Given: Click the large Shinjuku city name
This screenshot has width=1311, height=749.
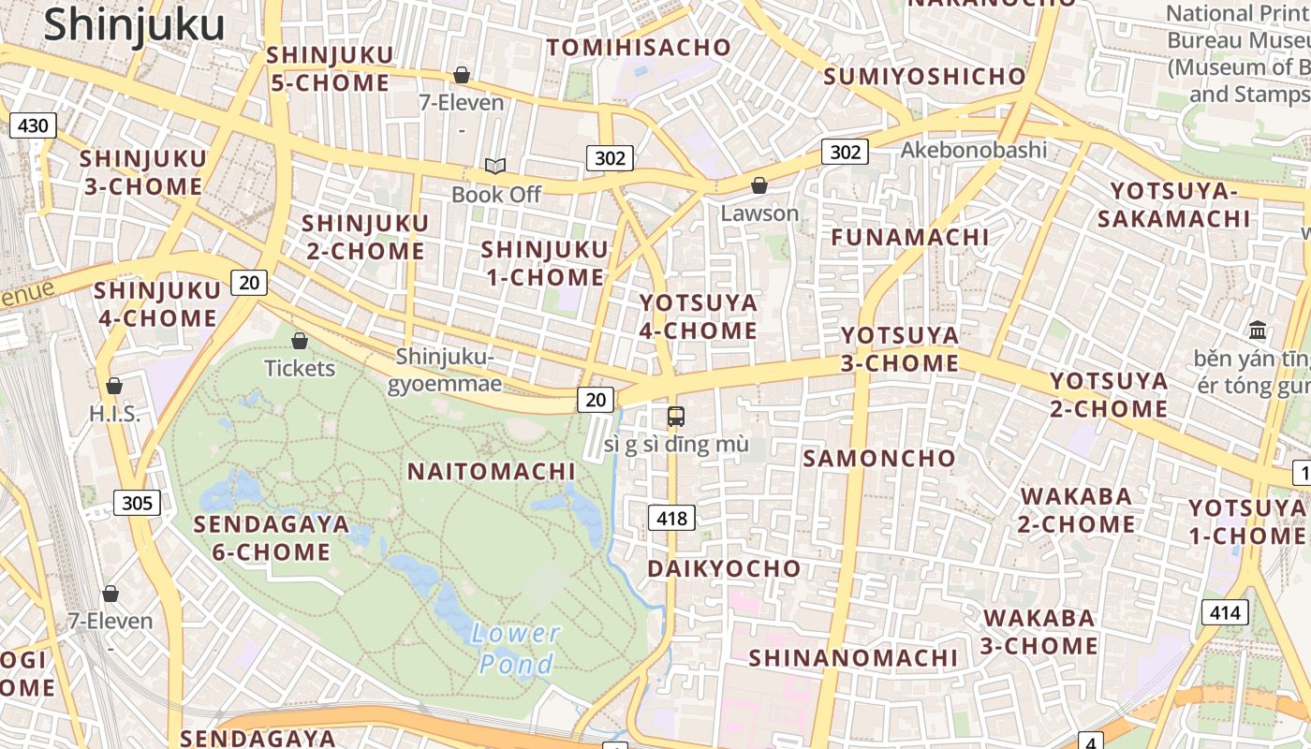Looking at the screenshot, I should coord(134,24).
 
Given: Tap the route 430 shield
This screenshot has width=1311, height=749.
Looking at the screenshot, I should coord(33,125).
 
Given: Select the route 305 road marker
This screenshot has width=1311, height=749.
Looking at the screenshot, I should coord(137,503).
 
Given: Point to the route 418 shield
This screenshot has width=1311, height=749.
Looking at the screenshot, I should coord(671,518).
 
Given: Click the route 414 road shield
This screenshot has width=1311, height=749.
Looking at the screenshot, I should coord(1224,613).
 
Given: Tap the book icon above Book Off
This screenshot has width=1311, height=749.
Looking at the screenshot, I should coord(495,167).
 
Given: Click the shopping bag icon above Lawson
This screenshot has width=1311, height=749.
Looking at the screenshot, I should coord(759,185).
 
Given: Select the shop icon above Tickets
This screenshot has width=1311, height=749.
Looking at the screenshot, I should coord(300,341).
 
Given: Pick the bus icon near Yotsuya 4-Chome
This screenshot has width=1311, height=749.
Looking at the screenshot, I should coord(675,417).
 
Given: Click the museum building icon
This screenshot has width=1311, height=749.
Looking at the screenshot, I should coord(1258,330).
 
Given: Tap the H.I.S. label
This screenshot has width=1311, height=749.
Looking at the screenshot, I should coord(114,413).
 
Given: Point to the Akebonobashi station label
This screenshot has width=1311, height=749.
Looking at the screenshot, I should coord(974,150).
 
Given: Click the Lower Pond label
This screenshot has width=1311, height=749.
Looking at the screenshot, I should coord(516,649).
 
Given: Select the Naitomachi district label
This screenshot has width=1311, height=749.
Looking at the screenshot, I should coord(491,471).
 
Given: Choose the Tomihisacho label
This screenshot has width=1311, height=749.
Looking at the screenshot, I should coord(639,47).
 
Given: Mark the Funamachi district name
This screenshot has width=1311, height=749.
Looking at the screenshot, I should coord(910,237).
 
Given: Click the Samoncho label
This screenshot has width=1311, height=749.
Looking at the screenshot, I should coord(879,458).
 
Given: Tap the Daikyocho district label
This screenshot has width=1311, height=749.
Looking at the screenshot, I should coord(725,568).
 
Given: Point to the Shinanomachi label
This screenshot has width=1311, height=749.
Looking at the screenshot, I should coord(853,657).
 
